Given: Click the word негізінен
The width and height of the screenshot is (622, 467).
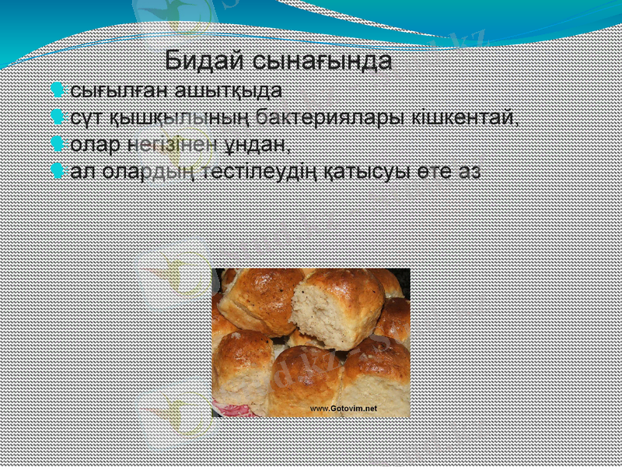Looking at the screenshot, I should pyautogui.click(x=173, y=145).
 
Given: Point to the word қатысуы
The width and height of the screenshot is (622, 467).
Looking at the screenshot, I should pyautogui.click(x=382, y=172).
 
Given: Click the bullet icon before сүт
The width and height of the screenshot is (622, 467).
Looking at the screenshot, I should pyautogui.click(x=58, y=118).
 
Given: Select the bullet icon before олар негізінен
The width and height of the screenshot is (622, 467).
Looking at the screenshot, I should pyautogui.click(x=58, y=145).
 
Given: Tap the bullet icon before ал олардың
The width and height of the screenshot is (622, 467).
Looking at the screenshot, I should pyautogui.click(x=58, y=172).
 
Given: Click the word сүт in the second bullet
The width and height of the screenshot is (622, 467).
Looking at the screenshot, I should pyautogui.click(x=85, y=118).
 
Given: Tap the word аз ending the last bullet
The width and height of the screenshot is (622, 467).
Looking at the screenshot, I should pyautogui.click(x=469, y=172).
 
